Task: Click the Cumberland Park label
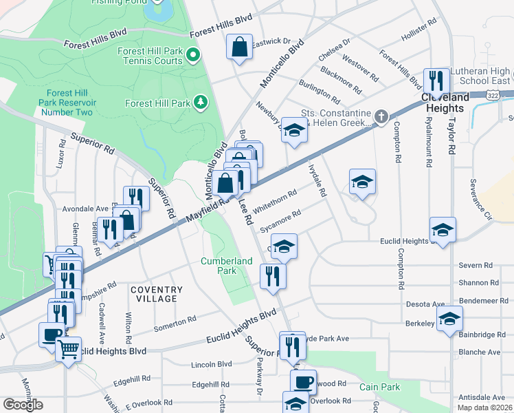click(x=227, y=266)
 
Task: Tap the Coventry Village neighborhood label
click(x=157, y=294)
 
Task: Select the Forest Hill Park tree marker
click(x=201, y=103)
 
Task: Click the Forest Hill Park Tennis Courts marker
click(x=194, y=55)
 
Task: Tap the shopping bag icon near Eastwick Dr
click(x=239, y=48)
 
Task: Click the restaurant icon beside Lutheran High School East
click(x=436, y=80)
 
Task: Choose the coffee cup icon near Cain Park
click(x=303, y=381)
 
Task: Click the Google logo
click(x=23, y=404)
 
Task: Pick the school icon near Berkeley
click(x=449, y=318)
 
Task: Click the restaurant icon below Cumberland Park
click(x=273, y=276)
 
